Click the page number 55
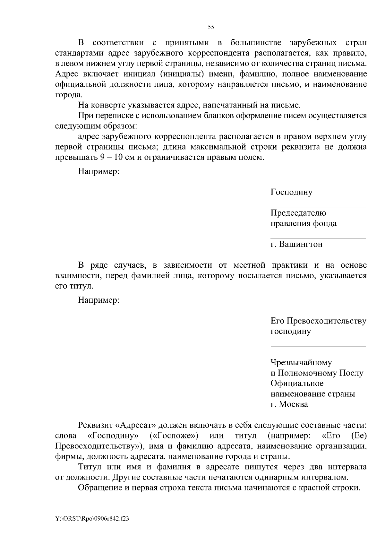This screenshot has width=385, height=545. (211, 27)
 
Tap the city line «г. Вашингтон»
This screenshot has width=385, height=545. (296, 244)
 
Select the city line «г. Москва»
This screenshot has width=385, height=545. (289, 404)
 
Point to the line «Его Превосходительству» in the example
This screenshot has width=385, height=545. (318, 321)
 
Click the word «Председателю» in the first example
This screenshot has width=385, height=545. (298, 213)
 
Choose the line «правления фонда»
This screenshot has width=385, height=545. (304, 223)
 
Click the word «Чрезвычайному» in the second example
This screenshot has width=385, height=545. (301, 363)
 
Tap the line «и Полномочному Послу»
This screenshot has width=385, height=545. (317, 373)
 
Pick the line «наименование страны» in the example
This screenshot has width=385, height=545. (312, 394)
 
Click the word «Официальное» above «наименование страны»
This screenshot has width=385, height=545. (297, 383)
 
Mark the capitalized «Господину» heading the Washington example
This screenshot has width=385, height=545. (291, 192)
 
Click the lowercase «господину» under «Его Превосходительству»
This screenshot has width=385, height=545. (291, 331)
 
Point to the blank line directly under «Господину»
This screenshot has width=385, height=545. (318, 207)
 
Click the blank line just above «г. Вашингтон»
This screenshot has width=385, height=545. (318, 238)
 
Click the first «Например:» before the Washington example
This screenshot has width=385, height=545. (98, 171)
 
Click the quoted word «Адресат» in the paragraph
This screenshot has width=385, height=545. (135, 425)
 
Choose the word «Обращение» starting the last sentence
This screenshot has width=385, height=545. (98, 488)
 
